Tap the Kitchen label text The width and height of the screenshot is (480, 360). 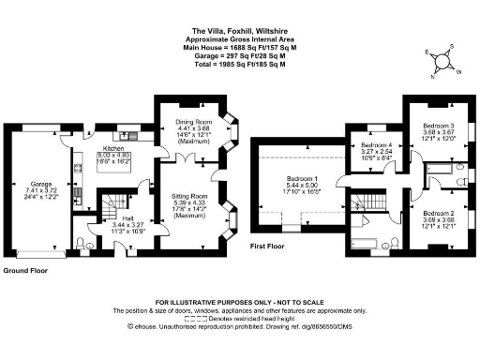tap(113, 148)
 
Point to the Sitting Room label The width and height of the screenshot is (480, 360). tap(189, 197)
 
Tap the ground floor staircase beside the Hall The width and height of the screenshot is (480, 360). tap(112, 202)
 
